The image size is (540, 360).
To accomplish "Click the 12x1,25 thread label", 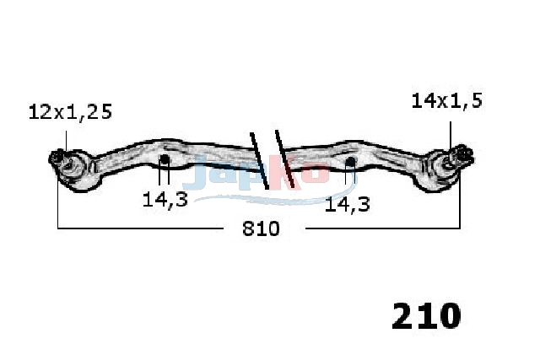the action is click(70, 112).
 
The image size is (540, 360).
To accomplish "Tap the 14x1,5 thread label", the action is click(447, 101).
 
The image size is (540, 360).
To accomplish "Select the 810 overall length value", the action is click(261, 228).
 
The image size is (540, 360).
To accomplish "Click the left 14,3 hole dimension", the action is click(165, 199).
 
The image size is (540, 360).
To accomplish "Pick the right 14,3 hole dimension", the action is click(347, 204).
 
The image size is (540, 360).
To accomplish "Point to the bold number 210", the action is click(426, 315).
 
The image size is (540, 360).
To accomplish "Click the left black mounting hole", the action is click(165, 159).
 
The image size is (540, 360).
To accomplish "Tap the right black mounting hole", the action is click(350, 161).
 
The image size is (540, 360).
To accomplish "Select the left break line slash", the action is click(259, 161).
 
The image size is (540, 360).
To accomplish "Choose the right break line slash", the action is click(284, 159).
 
